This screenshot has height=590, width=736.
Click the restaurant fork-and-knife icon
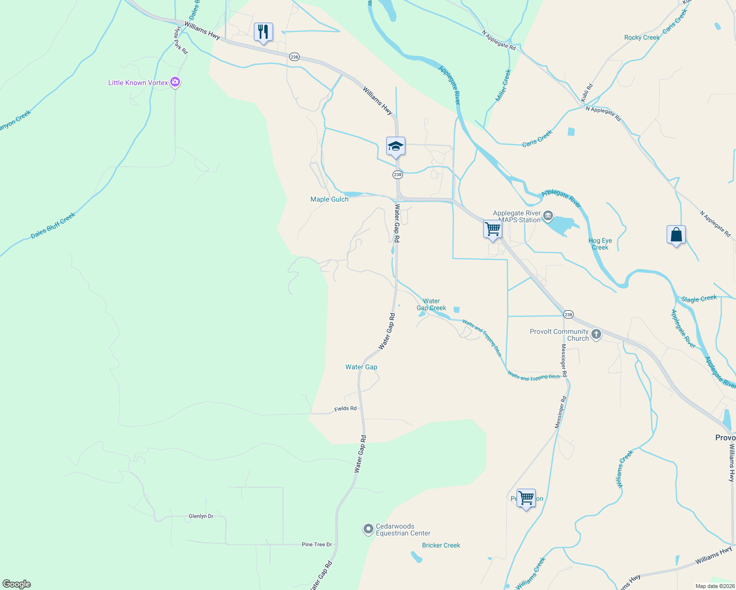tap(263, 32)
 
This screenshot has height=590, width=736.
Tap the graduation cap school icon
tap(396, 146)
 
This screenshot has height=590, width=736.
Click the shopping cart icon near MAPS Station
tap(492, 229)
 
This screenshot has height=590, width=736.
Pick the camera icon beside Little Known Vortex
tap(175, 82)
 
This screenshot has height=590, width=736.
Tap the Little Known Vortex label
tap(138, 83)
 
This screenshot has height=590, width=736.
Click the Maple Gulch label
tap(329, 199)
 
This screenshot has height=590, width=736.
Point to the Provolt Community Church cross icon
tap(596, 335)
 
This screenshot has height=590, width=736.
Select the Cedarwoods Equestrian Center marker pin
tap(368, 529)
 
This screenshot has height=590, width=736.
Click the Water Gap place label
tap(361, 367)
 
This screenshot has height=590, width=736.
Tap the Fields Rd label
tap(345, 409)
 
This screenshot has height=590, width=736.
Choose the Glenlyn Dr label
tap(201, 516)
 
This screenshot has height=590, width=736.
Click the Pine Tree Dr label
tap(317, 544)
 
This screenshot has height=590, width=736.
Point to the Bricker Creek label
tap(441, 545)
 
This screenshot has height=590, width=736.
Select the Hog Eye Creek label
tap(600, 244)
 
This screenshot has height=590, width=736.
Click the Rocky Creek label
tap(642, 37)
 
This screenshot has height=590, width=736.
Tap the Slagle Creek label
tap(699, 298)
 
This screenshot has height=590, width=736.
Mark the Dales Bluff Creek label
tap(53, 226)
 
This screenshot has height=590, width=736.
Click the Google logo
tap(17, 584)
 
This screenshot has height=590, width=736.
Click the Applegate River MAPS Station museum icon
tap(549, 216)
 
